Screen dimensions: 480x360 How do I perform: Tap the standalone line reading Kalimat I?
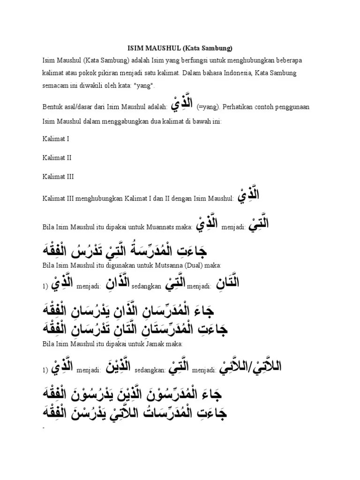coord(56,139)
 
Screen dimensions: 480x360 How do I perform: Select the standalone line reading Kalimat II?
coord(57,158)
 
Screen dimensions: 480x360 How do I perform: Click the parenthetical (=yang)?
coord(207,107)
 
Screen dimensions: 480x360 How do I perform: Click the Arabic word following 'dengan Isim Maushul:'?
coord(248,196)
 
